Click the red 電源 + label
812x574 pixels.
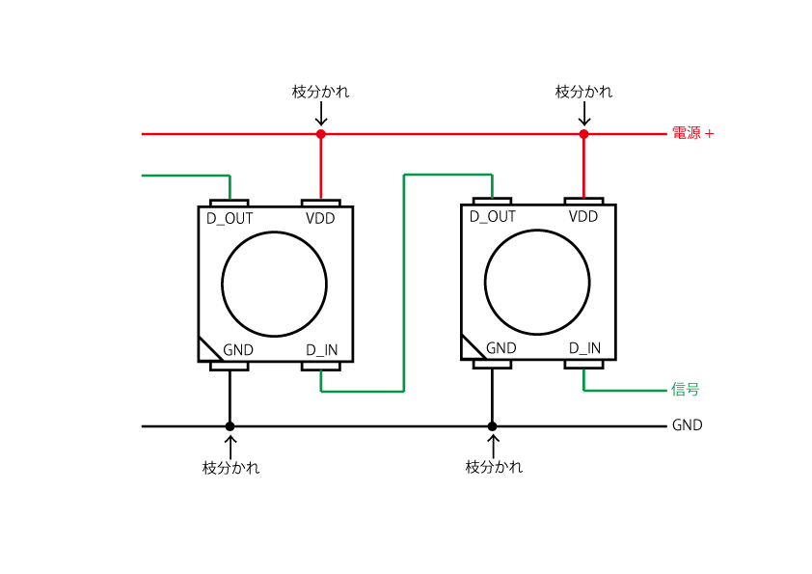pyautogui.click(x=692, y=133)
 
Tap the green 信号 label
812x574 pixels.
pyautogui.click(x=685, y=389)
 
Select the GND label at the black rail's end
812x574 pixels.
pyautogui.click(x=688, y=425)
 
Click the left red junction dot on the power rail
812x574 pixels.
pyautogui.click(x=321, y=134)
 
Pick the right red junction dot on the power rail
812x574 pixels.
pyautogui.click(x=583, y=134)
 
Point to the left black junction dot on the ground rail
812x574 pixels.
pyautogui.click(x=230, y=426)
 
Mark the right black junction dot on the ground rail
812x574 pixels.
pyautogui.click(x=493, y=426)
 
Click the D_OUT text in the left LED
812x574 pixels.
pyautogui.click(x=230, y=219)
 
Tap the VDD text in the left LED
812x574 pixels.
pyautogui.click(x=320, y=219)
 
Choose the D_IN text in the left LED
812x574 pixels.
pyautogui.click(x=321, y=351)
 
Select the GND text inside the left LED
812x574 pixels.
pyautogui.click(x=237, y=350)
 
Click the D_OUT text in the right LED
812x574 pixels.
pyautogui.click(x=493, y=217)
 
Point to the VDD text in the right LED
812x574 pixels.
pyautogui.click(x=583, y=216)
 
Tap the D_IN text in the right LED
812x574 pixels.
pyautogui.click(x=584, y=348)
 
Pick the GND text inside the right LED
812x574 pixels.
pyautogui.click(x=501, y=348)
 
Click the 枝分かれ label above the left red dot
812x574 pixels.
pyautogui.click(x=320, y=92)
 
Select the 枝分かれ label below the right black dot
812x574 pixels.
pyautogui.click(x=494, y=467)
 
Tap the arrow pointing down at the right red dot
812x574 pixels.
pyautogui.click(x=584, y=114)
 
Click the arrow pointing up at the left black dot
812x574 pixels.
pyautogui.click(x=230, y=447)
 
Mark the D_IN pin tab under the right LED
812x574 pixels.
pyautogui.click(x=583, y=365)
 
